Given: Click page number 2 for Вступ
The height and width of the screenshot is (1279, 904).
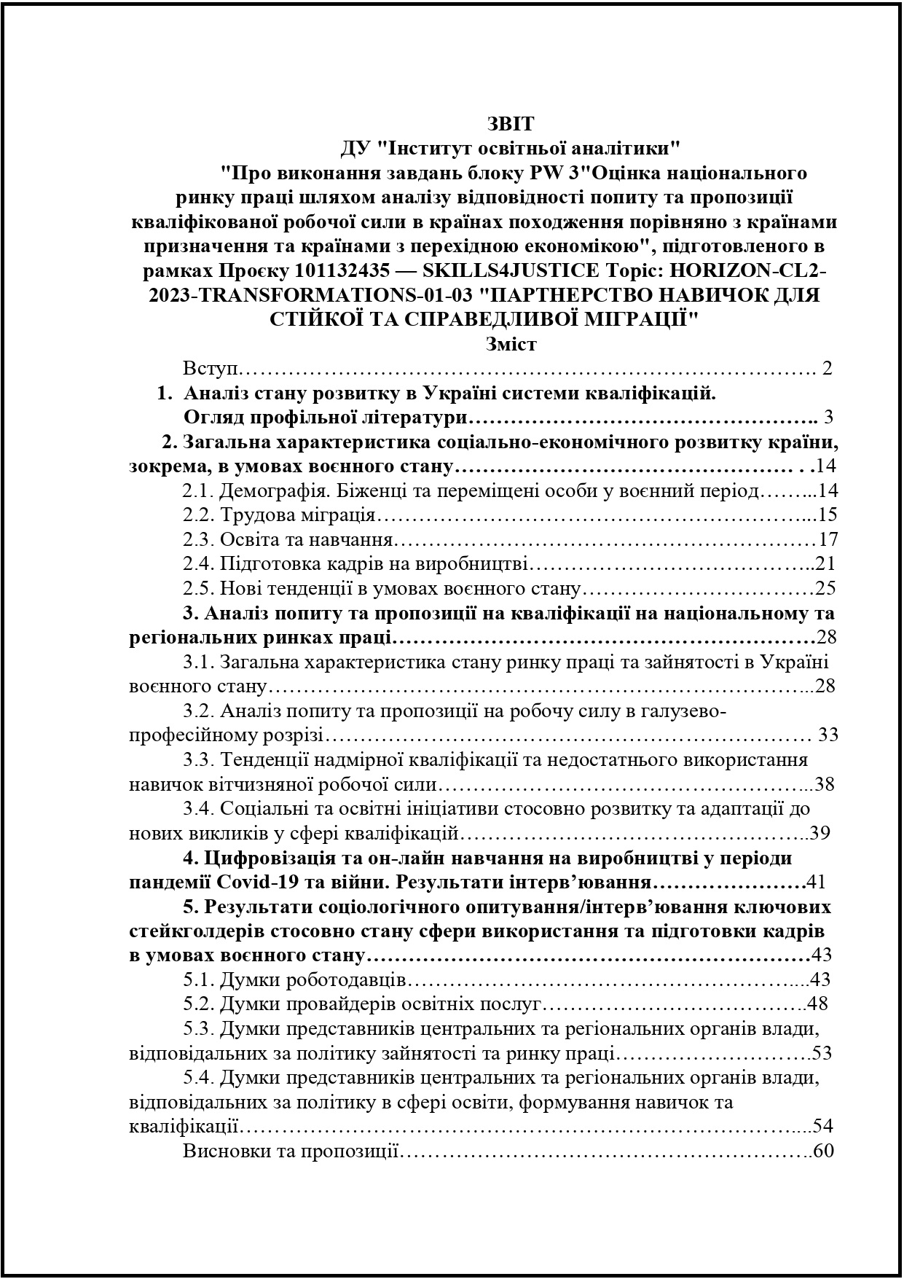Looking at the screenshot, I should click(x=826, y=368).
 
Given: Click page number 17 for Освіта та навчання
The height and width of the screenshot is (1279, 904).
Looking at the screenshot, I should click(x=828, y=539).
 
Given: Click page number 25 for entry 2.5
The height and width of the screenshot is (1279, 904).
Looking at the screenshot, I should click(x=826, y=588).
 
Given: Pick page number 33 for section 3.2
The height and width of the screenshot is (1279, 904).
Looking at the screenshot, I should click(x=828, y=735).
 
